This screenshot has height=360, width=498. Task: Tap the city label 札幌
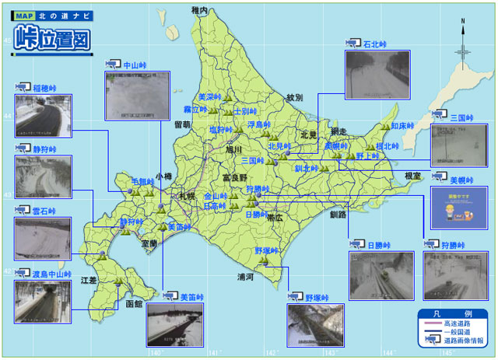(x=187, y=196)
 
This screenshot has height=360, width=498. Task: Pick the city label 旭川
(x=234, y=149)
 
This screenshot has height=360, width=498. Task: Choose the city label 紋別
(x=294, y=98)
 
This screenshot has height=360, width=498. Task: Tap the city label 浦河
(x=247, y=277)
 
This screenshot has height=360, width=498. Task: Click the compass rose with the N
(x=463, y=51)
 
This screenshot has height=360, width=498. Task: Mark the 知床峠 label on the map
(x=405, y=125)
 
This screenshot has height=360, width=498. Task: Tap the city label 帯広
(x=275, y=218)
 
